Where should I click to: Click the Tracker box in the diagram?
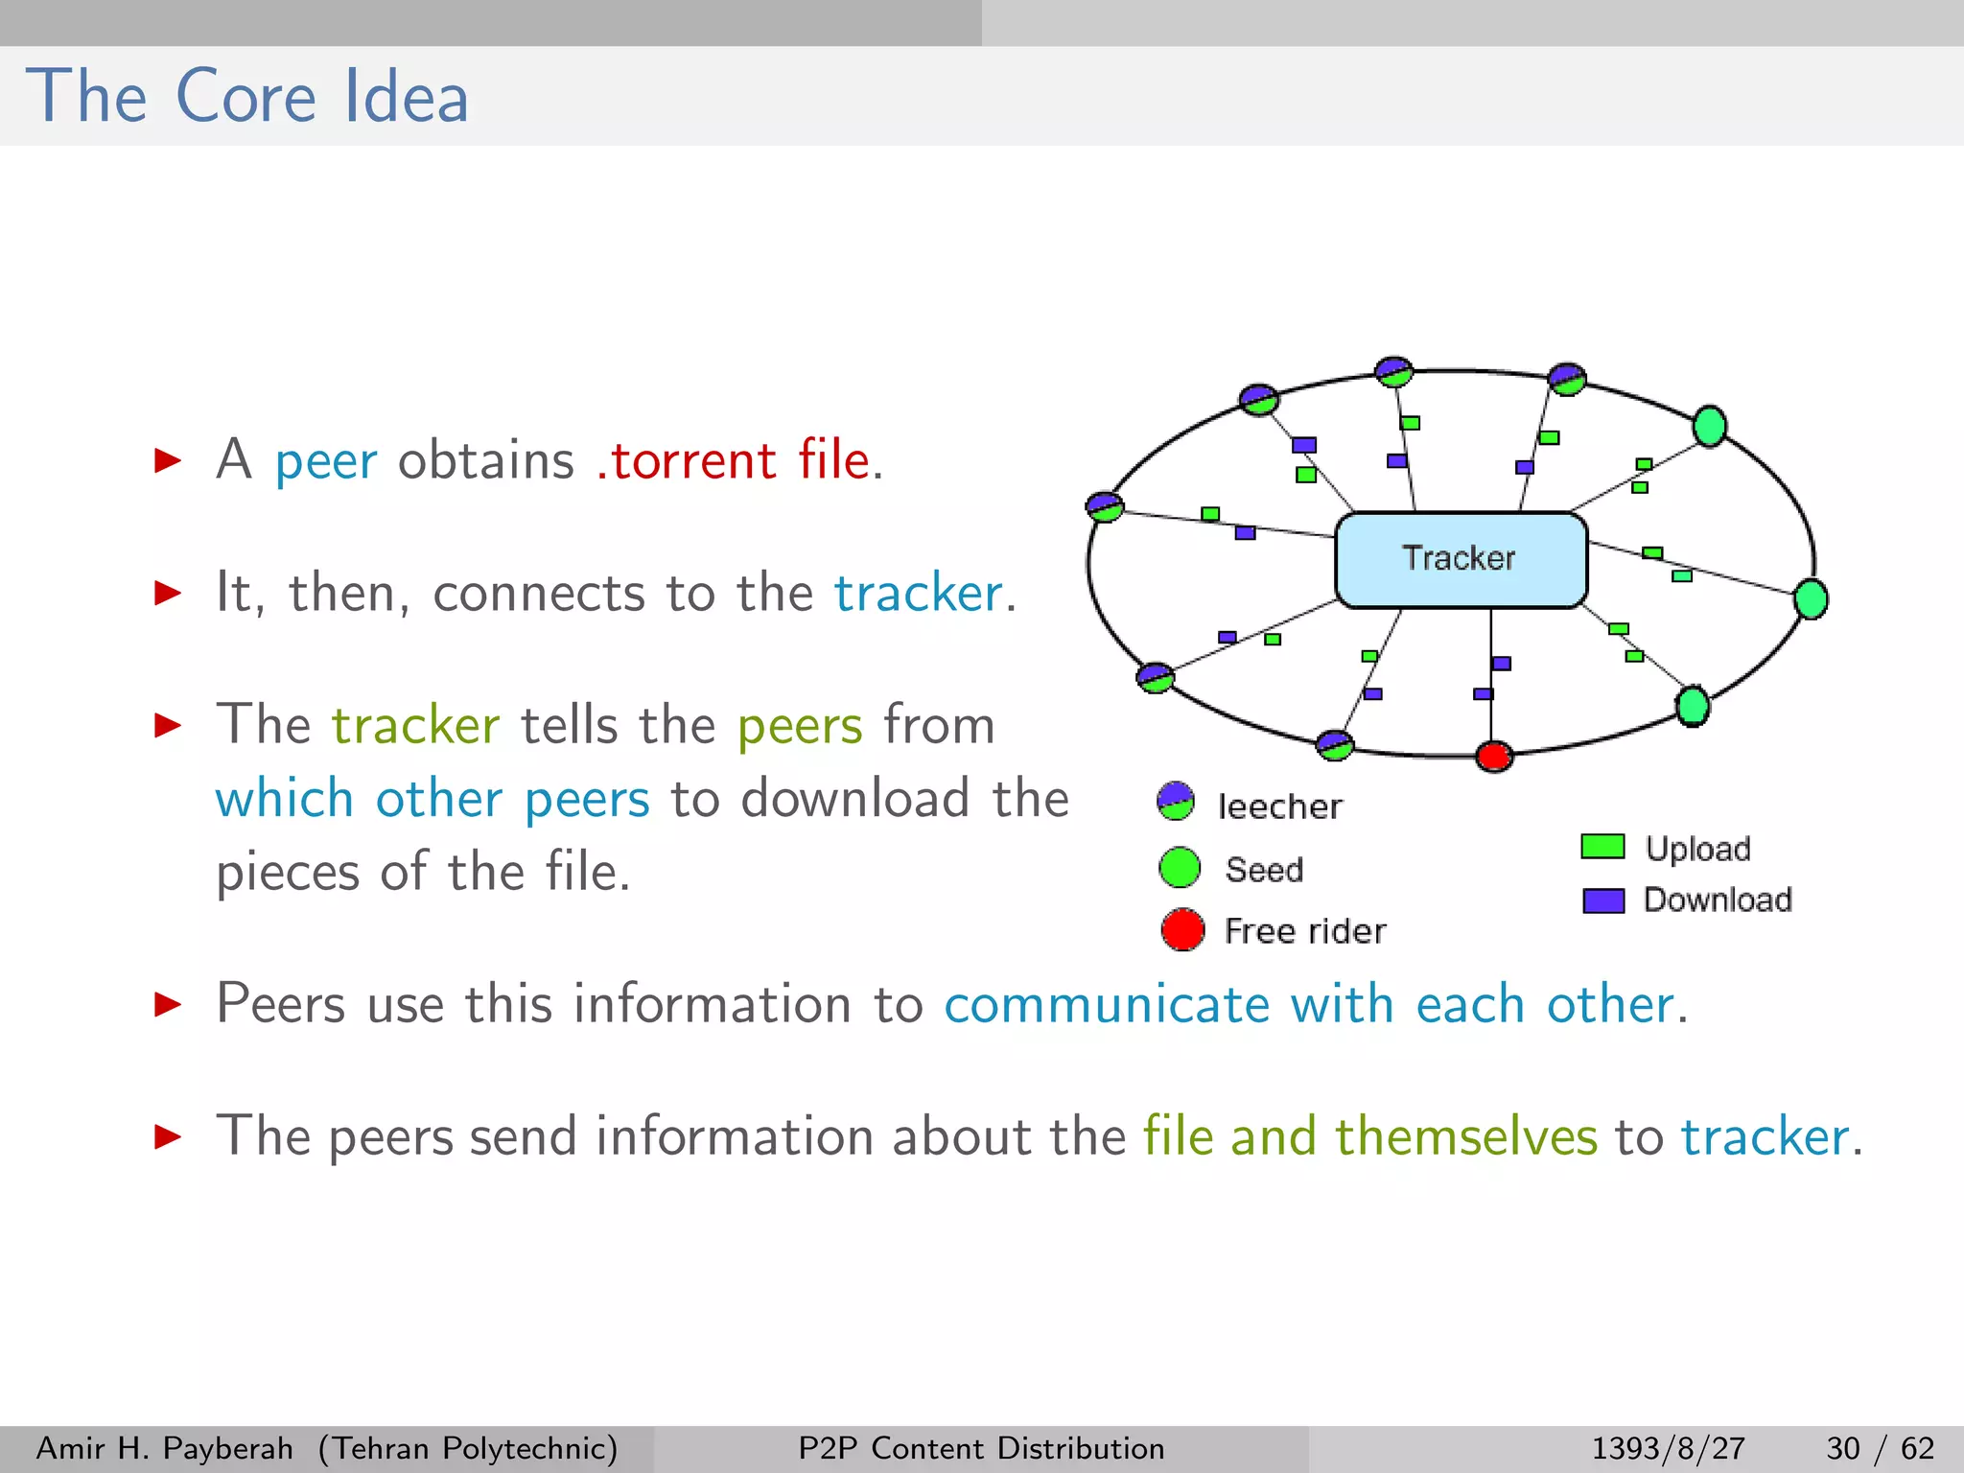tap(1461, 559)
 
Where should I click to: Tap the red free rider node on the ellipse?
tap(1493, 756)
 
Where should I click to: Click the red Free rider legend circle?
tap(1181, 929)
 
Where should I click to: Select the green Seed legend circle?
tap(1180, 868)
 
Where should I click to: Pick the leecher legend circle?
tap(1176, 802)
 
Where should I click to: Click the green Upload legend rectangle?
tap(1602, 847)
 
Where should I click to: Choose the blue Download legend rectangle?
tap(1602, 900)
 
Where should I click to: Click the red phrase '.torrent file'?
tap(736, 460)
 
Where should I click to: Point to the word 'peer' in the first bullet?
tap(326, 462)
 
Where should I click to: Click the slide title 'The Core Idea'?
tap(247, 97)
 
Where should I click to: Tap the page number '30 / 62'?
tap(1880, 1448)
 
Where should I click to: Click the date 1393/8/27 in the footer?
tap(1668, 1448)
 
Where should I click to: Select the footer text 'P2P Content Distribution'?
tap(981, 1448)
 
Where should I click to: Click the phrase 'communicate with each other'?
tap(1309, 1005)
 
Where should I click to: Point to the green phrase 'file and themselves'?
tap(1369, 1137)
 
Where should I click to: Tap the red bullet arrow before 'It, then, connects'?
tap(168, 593)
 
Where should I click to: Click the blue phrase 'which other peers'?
tap(433, 799)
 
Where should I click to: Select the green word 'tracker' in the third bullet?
tap(415, 725)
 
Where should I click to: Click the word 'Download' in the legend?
tap(1718, 900)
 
